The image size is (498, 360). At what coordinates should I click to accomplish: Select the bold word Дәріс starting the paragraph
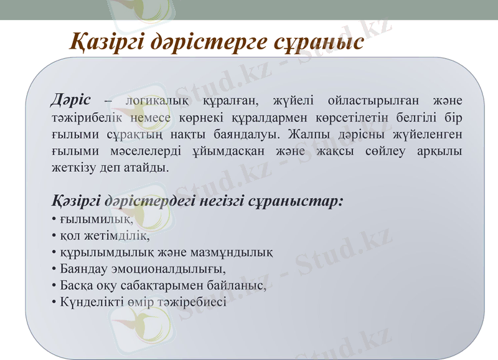coord(70,100)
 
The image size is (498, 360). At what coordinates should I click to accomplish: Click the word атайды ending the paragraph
coord(148,168)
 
